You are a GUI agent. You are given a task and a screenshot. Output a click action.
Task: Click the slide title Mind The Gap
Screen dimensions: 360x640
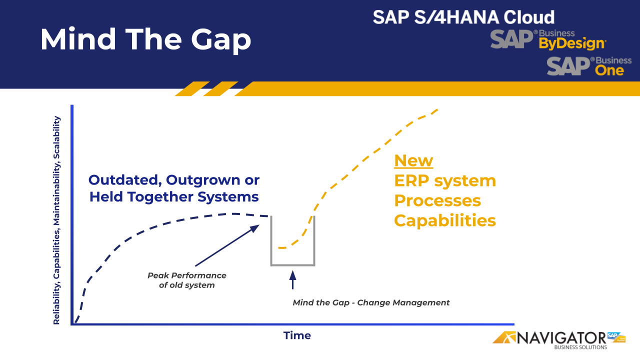(145, 39)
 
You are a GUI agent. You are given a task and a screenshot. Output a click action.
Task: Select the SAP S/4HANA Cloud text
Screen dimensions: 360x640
(463, 17)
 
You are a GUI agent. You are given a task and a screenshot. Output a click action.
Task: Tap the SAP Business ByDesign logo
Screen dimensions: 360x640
(548, 39)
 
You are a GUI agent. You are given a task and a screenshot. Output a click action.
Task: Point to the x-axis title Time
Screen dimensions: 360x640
(297, 335)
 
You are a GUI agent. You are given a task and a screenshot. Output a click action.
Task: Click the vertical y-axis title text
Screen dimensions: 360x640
(57, 220)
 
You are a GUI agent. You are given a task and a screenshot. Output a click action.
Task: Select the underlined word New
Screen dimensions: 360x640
(413, 160)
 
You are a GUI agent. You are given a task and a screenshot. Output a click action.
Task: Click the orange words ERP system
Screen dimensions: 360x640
(445, 180)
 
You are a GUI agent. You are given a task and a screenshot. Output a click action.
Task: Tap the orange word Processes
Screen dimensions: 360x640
(437, 200)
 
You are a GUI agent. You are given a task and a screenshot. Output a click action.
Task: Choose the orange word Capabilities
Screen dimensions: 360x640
(445, 220)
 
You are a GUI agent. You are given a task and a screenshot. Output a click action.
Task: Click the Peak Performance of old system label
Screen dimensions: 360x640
(187, 280)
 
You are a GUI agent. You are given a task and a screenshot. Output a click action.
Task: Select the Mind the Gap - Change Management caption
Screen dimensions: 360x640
(371, 302)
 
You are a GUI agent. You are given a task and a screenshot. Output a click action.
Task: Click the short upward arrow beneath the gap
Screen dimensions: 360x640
(293, 279)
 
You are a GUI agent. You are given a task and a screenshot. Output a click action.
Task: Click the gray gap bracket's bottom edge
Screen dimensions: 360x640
(293, 264)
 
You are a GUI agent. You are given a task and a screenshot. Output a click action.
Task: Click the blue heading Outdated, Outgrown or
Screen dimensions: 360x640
(174, 180)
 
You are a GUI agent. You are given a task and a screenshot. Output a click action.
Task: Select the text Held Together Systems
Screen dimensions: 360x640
(174, 197)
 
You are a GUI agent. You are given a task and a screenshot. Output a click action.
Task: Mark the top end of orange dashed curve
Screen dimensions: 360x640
(437, 109)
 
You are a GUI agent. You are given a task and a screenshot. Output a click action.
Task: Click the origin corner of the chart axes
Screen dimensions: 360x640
(72, 324)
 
